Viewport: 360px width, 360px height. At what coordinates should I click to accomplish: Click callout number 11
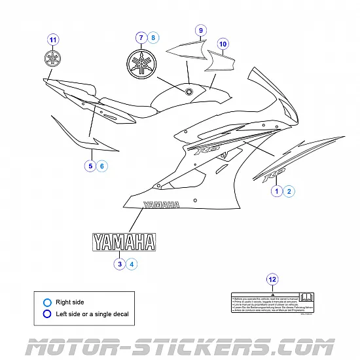coord(53,39)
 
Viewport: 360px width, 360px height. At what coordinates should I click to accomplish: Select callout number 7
coord(140,37)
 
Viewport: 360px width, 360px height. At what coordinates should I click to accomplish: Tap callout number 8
coord(153,37)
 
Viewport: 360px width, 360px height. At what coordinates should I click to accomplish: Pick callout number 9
coord(201,30)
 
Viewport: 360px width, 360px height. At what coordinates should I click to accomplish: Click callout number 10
coord(223,45)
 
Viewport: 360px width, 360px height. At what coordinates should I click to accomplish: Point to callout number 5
coord(90,166)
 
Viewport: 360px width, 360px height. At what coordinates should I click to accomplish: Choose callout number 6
coord(102,166)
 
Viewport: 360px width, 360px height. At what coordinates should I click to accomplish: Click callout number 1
coord(277,191)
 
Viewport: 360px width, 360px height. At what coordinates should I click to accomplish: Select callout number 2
coord(289,191)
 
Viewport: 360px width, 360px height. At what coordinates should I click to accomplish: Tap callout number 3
coord(120,264)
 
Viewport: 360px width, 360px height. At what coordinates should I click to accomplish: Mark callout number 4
coord(132,264)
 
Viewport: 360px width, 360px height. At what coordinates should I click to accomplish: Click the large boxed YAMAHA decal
coord(124,242)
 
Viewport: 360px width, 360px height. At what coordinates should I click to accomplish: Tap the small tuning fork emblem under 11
coord(53,58)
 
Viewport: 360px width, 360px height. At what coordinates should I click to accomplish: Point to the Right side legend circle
coord(46,302)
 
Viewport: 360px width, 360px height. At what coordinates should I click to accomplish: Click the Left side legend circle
coord(46,314)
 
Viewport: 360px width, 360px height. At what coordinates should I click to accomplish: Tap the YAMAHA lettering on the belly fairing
coord(161,205)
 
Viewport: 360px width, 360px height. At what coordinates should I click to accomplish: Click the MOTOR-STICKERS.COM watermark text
coord(180,343)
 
